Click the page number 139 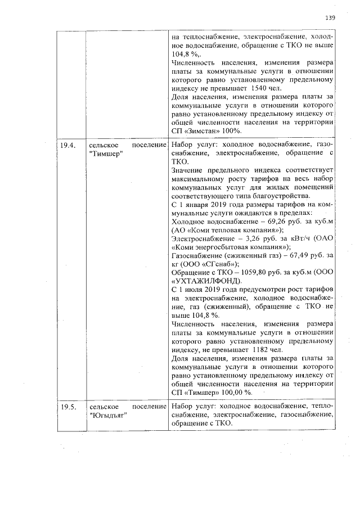(330, 17)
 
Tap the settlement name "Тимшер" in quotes (106, 154)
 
